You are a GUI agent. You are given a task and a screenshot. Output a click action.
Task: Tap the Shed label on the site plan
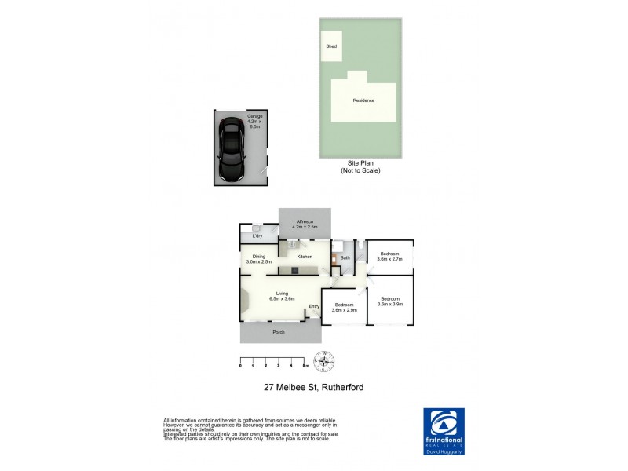[x=331, y=46]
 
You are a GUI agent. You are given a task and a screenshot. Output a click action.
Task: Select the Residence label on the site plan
[x=363, y=100]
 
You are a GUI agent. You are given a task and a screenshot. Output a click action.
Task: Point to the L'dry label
[x=257, y=236]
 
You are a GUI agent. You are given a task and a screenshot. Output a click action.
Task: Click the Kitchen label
[x=305, y=257]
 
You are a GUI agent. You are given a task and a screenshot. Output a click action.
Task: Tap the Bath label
[x=345, y=256]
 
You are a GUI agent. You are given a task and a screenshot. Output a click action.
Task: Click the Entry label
[x=314, y=306]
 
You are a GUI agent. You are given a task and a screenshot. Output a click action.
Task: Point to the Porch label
[x=278, y=333]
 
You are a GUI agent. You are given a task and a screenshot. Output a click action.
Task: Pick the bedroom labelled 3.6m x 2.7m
[x=390, y=256]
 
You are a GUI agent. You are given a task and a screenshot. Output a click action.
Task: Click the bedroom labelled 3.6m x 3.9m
[x=390, y=301]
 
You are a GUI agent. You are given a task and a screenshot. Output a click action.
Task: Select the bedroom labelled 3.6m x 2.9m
[x=345, y=307]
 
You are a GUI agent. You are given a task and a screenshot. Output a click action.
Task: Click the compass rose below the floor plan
[x=324, y=362]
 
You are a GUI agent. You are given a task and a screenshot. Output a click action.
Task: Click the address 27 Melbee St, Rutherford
[x=313, y=387]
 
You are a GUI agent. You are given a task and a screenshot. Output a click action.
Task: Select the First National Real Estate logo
[x=444, y=428]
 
